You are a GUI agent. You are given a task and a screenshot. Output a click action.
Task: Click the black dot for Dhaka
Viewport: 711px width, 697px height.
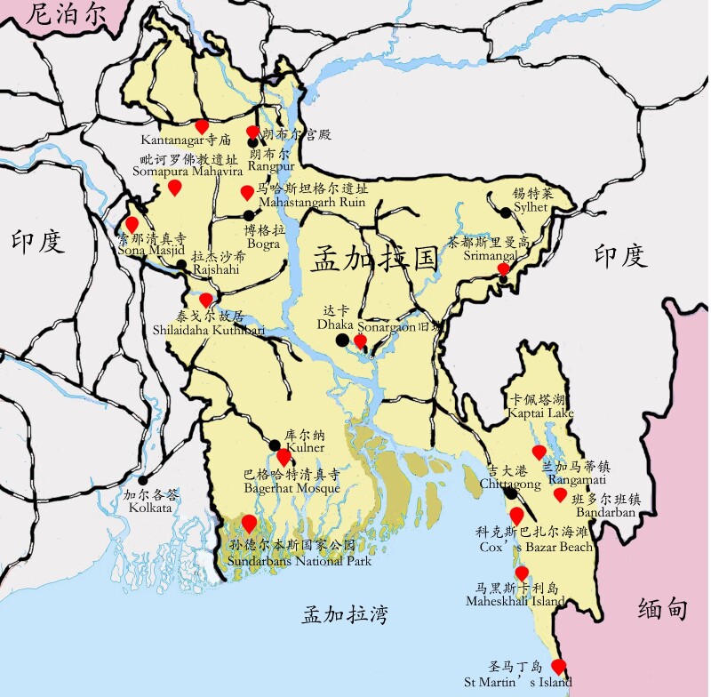[x=342, y=340]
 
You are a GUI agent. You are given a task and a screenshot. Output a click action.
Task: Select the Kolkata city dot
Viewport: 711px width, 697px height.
[x=144, y=481]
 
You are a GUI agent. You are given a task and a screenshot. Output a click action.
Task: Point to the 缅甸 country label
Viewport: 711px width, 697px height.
[x=663, y=609]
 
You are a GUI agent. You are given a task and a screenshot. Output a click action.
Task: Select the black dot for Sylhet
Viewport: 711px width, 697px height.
[x=506, y=212]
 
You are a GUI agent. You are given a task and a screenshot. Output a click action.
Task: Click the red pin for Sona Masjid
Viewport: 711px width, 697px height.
[x=132, y=224]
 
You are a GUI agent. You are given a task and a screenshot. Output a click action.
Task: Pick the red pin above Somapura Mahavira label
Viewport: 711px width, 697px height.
[x=175, y=188]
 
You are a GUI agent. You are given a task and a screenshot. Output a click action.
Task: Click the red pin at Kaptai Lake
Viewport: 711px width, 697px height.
[x=539, y=452]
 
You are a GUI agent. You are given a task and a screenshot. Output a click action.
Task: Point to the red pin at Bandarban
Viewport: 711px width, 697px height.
[x=560, y=494]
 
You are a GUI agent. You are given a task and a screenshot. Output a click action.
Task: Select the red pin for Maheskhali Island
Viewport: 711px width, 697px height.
[x=522, y=573]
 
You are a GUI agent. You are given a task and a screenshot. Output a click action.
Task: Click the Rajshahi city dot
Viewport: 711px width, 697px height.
[x=181, y=264]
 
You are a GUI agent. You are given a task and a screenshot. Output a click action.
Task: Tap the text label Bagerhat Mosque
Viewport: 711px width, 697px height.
[x=292, y=488]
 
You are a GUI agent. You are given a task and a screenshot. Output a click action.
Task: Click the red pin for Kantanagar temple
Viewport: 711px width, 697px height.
[x=202, y=127]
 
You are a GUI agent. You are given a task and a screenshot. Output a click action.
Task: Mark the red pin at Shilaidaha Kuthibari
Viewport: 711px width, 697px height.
[x=205, y=300]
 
